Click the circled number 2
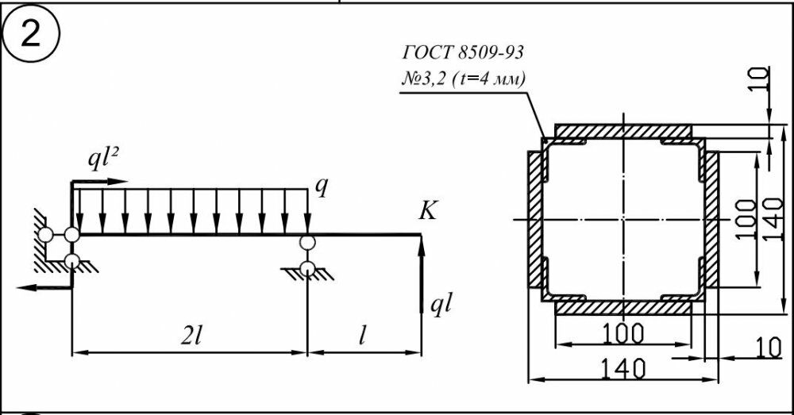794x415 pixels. (31, 36)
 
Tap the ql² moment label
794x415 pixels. (105, 160)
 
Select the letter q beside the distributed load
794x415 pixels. (321, 186)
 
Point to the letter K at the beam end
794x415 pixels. (427, 211)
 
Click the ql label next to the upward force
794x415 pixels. (441, 305)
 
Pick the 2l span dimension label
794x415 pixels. (191, 336)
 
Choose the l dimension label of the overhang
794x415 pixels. (362, 336)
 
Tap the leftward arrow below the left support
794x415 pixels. (45, 287)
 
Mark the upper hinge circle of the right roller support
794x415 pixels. (306, 243)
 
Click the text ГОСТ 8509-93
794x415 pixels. (463, 52)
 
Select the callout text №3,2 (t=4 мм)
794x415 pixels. (462, 79)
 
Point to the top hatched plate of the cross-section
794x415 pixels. (623, 131)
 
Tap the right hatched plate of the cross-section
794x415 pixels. (711, 220)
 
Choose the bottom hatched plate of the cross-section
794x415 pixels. (623, 308)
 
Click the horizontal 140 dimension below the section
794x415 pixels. (623, 368)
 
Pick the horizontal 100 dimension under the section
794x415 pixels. (623, 333)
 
